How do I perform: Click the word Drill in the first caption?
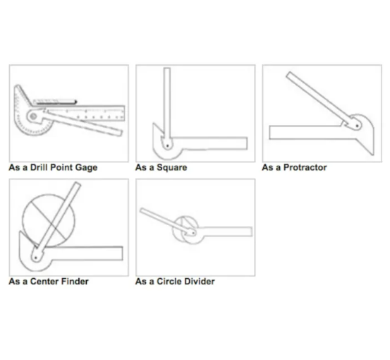coord(39,167)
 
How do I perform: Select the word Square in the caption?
coord(171,168)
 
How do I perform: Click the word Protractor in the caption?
coord(305,167)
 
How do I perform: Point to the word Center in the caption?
coord(44,282)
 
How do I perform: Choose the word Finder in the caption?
coord(75,282)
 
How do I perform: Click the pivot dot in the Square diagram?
coord(168,145)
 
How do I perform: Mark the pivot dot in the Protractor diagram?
coord(357,126)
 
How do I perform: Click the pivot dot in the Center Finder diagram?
coord(35,258)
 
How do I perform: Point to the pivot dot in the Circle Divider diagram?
coord(193,233)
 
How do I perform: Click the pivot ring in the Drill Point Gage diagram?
coord(33,116)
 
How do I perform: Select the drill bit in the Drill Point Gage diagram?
coord(55,102)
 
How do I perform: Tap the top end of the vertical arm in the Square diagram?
coord(167,68)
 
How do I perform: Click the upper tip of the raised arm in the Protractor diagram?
coord(288,73)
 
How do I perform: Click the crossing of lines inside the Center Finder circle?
coord(51,224)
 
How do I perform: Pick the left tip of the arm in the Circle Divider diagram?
coord(141,210)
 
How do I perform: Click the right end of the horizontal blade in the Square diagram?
coord(247,143)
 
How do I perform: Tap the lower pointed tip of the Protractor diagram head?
coord(373,155)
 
